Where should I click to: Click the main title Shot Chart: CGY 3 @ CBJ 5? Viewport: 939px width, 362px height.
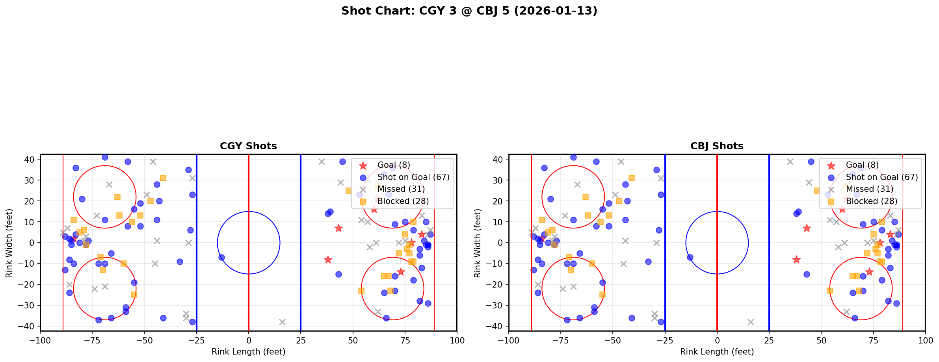click(469, 11)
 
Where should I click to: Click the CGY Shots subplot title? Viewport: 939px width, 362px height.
click(248, 146)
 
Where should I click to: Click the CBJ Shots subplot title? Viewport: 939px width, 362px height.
click(717, 146)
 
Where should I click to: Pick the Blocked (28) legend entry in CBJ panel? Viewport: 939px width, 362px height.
click(871, 201)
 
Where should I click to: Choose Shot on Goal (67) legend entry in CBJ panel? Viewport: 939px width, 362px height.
click(881, 177)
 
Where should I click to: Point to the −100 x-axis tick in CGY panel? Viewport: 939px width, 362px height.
click(40, 340)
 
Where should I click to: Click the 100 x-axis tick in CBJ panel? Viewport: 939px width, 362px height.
click(925, 340)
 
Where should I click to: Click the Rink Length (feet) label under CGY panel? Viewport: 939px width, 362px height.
click(248, 352)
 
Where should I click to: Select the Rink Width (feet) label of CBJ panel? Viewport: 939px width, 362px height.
click(478, 243)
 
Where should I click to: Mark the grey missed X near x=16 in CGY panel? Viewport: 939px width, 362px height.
click(282, 322)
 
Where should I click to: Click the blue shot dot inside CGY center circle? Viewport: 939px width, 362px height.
click(221, 257)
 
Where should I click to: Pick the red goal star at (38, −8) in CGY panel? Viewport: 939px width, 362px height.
click(328, 260)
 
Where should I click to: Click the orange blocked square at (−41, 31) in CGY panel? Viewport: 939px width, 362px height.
click(163, 178)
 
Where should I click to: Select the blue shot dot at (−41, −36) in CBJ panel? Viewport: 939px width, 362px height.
click(632, 318)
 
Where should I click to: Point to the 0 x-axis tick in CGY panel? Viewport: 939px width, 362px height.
click(249, 340)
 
